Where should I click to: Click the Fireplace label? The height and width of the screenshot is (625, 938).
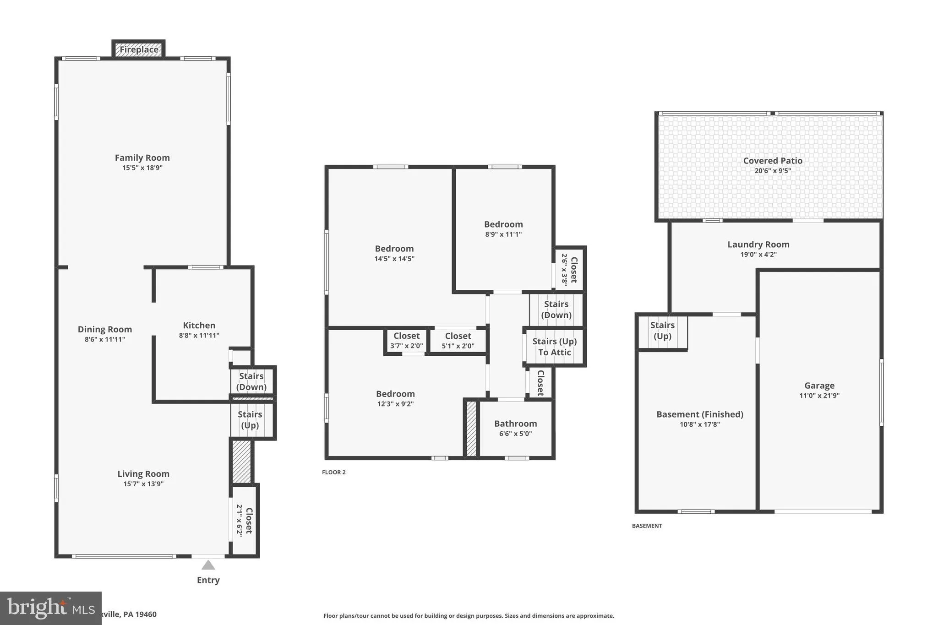(139, 49)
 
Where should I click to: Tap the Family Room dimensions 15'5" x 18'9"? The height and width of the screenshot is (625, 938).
(142, 168)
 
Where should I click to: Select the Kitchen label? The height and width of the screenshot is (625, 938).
(199, 325)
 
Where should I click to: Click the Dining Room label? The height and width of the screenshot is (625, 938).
(104, 329)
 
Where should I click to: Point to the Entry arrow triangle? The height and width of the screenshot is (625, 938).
(208, 565)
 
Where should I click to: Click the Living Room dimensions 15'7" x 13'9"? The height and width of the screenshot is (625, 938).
(143, 484)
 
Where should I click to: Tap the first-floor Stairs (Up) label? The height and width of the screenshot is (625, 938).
(250, 419)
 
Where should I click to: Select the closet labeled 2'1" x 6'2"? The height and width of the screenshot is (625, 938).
(245, 520)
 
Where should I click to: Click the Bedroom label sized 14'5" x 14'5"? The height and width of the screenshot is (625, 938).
(394, 249)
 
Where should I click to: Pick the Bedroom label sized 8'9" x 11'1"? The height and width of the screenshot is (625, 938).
(503, 224)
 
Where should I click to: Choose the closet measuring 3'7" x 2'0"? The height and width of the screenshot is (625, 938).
(406, 341)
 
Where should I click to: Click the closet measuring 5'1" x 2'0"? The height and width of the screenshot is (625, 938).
(458, 341)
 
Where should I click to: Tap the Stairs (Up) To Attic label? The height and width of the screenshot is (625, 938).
(554, 347)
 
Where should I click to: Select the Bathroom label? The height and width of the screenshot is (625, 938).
(515, 424)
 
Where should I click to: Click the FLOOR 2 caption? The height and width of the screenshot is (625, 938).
(333, 472)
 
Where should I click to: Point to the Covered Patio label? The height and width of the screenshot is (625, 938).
(772, 161)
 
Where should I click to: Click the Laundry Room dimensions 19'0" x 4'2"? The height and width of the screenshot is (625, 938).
(758, 255)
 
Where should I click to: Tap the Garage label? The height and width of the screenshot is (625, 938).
(819, 386)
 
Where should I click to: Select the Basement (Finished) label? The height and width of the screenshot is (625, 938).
(699, 414)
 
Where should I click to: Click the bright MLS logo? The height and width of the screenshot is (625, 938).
(50, 608)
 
